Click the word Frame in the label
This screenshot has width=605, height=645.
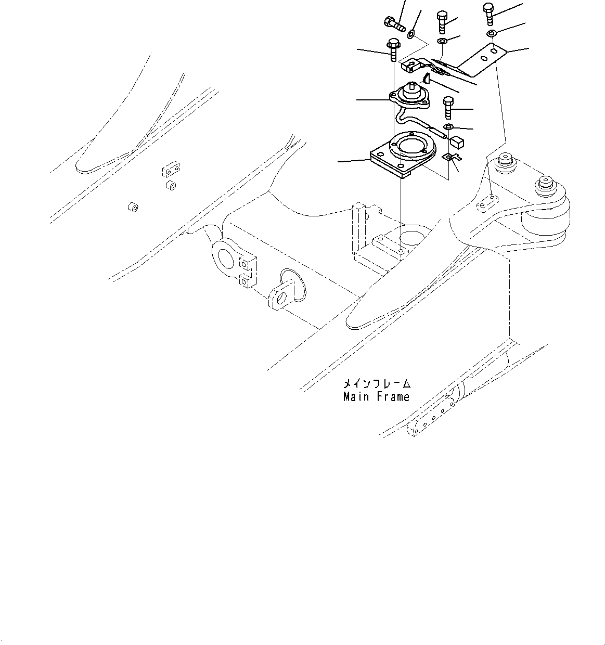(391, 397)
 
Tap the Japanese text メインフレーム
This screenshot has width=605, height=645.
(376, 384)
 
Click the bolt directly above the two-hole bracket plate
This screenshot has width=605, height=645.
(488, 12)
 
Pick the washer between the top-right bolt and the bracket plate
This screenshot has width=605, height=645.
(491, 34)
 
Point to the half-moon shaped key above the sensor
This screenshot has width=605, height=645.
(426, 78)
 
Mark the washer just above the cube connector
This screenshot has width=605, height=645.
(448, 127)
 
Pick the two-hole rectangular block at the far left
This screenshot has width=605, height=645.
(171, 170)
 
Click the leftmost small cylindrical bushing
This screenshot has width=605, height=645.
(133, 208)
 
